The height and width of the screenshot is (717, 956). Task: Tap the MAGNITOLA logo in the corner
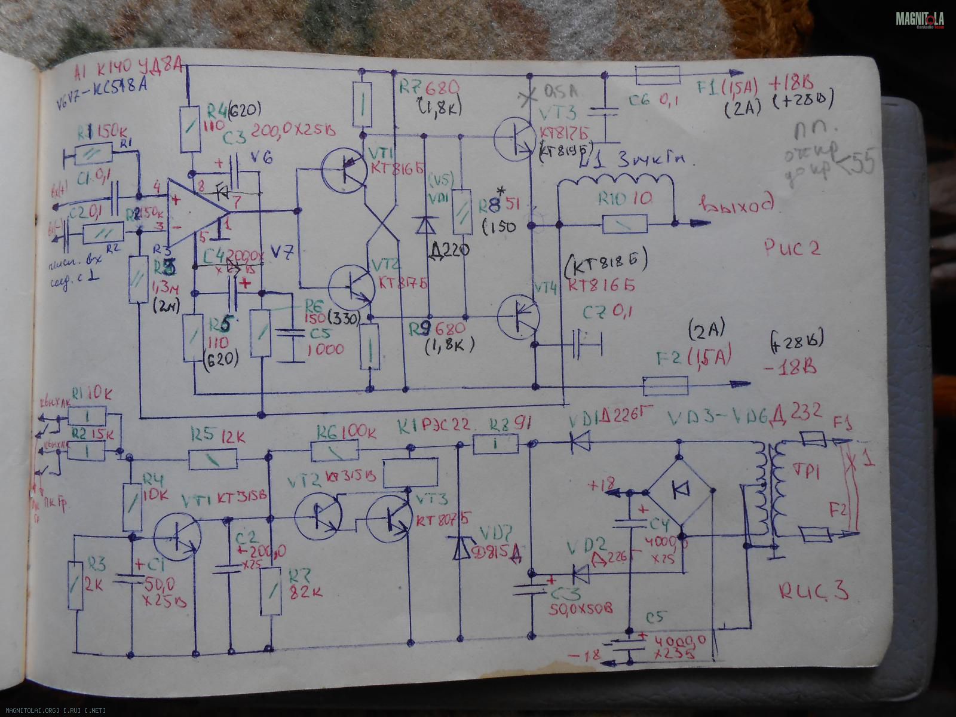pos(920,20)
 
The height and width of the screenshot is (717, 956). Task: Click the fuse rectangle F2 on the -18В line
pos(666,386)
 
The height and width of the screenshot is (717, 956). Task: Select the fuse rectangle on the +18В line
pos(657,75)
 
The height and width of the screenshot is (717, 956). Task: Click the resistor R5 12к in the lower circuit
pos(213,459)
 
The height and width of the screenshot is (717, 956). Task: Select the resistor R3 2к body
pos(75,586)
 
